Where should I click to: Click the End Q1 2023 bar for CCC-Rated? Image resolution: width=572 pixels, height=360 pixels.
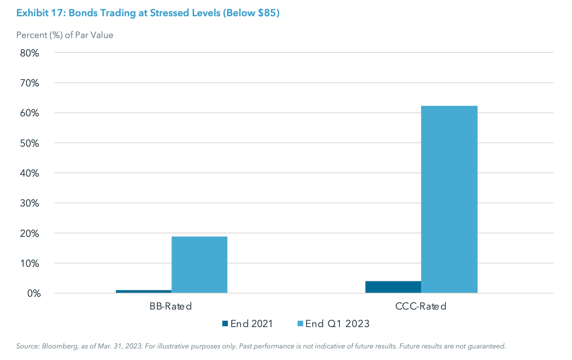click(449, 199)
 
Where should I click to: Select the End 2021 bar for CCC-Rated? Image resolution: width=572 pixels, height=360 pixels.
click(393, 287)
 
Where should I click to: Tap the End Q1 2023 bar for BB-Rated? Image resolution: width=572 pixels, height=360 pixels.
click(199, 265)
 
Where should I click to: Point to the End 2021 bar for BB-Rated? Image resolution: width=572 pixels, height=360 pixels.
click(143, 292)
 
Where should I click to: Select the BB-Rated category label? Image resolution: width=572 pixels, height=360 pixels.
click(171, 307)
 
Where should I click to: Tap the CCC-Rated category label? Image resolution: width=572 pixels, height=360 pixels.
click(421, 307)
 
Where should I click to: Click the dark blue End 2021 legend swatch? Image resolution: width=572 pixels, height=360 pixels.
click(225, 324)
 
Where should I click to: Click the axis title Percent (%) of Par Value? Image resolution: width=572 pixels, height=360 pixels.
click(65, 35)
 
